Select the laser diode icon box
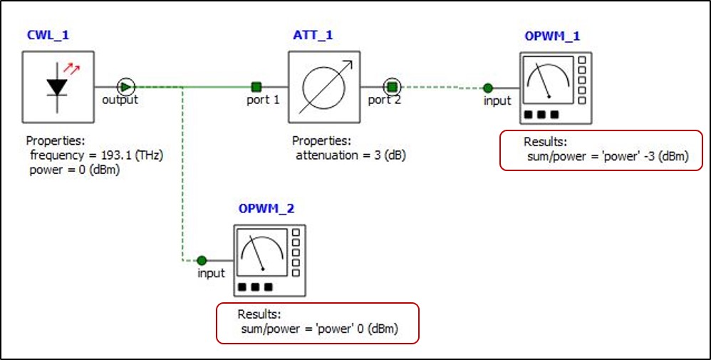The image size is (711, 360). pyautogui.click(x=58, y=86)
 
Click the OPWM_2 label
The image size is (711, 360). pyautogui.click(x=266, y=209)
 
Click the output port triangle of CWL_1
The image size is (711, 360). pyautogui.click(x=125, y=86)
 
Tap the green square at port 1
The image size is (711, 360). pyautogui.click(x=256, y=87)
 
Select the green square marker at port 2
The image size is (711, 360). pyautogui.click(x=391, y=87)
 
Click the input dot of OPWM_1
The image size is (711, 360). pyautogui.click(x=487, y=88)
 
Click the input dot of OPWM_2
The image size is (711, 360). pyautogui.click(x=202, y=260)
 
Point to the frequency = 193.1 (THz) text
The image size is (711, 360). pyautogui.click(x=97, y=155)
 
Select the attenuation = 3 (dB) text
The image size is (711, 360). pyautogui.click(x=351, y=155)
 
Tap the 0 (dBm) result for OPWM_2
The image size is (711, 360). pyautogui.click(x=375, y=329)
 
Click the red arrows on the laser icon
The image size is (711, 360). pyautogui.click(x=71, y=68)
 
